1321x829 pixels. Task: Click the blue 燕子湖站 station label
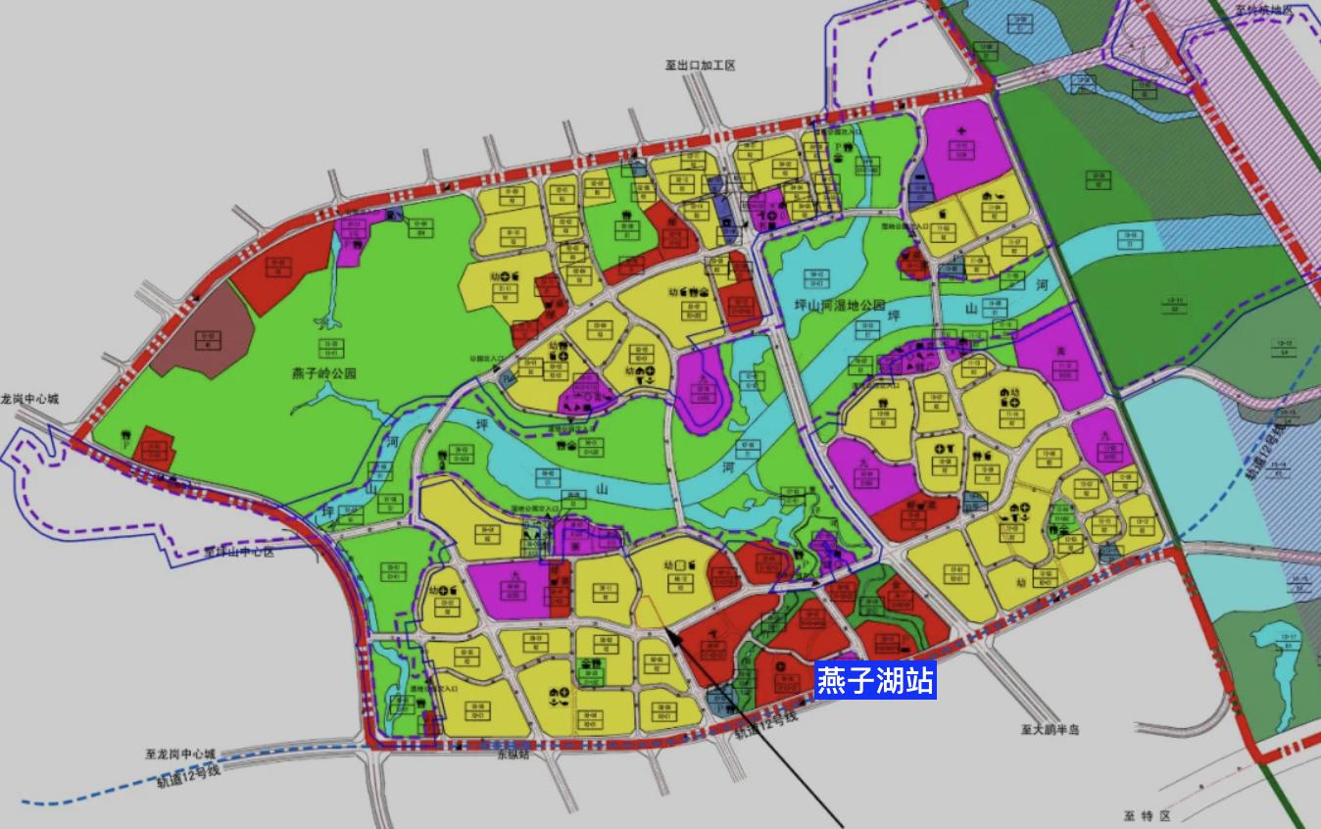[875, 679]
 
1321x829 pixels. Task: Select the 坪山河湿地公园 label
[839, 306]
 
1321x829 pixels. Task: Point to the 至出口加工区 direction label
[700, 66]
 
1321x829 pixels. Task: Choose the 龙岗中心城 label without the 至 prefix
[29, 400]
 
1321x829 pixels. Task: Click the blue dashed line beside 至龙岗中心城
[78, 795]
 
